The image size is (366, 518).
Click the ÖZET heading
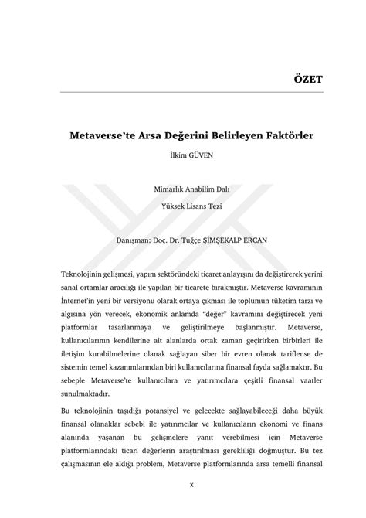(x=306, y=80)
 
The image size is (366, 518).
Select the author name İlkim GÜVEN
(x=183, y=155)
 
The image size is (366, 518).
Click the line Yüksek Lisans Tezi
(x=182, y=206)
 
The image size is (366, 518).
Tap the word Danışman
(x=136, y=240)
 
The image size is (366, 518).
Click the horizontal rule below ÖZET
(x=182, y=93)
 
